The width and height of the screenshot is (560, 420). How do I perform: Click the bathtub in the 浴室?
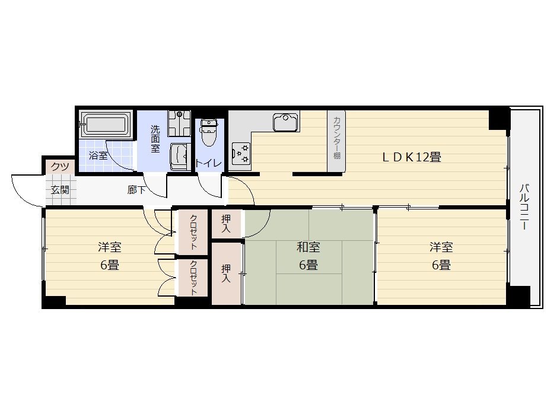pos(104,125)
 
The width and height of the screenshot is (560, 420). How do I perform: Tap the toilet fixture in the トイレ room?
pos(209,132)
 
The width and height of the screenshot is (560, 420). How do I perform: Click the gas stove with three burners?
pos(241,153)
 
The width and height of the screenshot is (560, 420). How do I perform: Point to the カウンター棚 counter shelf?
pos(336,141)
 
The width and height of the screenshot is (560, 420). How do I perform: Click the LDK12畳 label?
pos(412,157)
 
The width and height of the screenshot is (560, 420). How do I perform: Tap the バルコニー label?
pos(524,206)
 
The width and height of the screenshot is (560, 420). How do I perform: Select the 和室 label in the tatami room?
pos(308,247)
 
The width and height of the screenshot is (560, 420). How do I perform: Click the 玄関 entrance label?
pos(60,190)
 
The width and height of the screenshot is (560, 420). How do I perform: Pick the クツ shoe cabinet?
pos(60,167)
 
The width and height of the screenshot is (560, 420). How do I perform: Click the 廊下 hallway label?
pos(136,190)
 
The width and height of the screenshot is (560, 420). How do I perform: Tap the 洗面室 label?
pos(155,139)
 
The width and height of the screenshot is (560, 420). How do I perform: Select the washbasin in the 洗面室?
pos(180,157)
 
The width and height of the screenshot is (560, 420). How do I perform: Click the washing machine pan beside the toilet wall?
pos(180,123)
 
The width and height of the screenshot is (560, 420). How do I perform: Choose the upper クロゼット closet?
pos(193,232)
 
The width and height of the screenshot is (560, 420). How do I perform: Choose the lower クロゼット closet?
pos(193,278)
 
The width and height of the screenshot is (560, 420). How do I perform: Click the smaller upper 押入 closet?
pos(226,224)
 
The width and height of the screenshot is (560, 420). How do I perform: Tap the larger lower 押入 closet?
pos(226,273)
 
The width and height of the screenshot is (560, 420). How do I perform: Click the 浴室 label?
pos(98,155)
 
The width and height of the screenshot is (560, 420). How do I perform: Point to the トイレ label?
pos(209,163)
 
